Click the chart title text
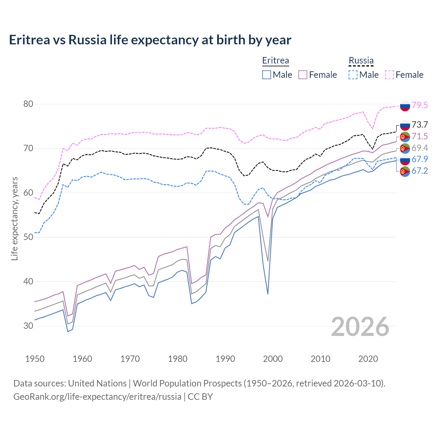(x=150, y=40)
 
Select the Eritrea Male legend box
(x=267, y=75)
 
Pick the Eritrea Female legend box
(x=303, y=75)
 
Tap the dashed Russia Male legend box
(x=353, y=75)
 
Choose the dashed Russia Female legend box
(x=390, y=75)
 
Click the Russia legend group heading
(x=361, y=60)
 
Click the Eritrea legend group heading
(x=276, y=60)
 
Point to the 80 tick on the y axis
(x=28, y=104)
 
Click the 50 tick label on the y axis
(x=28, y=237)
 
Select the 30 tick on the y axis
(x=28, y=326)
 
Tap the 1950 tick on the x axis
(x=35, y=359)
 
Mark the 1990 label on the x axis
(x=225, y=359)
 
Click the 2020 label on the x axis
(x=368, y=359)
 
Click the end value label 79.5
(x=420, y=105)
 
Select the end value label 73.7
(x=420, y=125)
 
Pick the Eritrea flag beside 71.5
(x=405, y=137)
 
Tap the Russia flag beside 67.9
(x=405, y=159)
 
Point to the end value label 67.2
(x=420, y=171)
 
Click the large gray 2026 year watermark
(x=360, y=327)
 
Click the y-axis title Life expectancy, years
(x=15, y=218)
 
